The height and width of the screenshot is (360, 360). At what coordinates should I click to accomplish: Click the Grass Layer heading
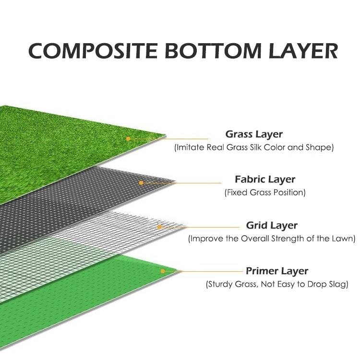(x=254, y=134)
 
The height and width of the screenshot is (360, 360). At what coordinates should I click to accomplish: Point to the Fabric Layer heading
(x=265, y=180)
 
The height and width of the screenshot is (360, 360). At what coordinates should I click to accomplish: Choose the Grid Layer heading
(x=272, y=225)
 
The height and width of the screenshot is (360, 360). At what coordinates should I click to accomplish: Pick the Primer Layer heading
(x=277, y=271)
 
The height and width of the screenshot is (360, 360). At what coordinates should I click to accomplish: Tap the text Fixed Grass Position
(x=265, y=193)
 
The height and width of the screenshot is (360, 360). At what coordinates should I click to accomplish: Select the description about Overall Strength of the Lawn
(x=272, y=239)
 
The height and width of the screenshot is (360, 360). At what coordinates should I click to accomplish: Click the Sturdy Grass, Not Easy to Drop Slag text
(x=277, y=285)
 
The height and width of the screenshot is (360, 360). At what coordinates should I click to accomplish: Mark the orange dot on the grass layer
(x=128, y=139)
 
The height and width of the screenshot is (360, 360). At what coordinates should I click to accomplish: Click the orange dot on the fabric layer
(x=141, y=183)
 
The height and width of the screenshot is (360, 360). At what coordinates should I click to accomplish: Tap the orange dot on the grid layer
(x=159, y=226)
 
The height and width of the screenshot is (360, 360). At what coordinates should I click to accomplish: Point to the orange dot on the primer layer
(x=163, y=271)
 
